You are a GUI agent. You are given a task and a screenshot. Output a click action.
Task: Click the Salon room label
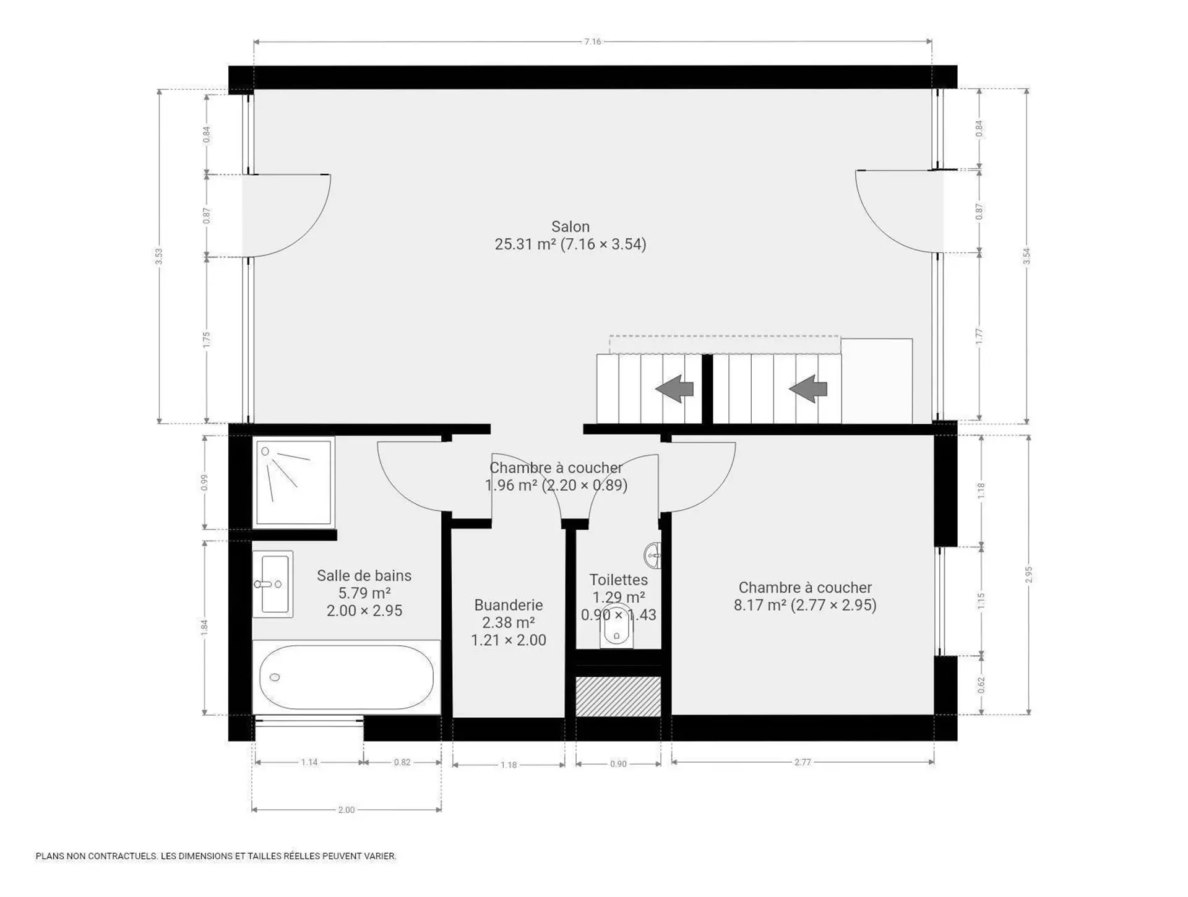[570, 226]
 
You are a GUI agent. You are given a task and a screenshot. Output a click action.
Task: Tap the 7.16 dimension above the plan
[593, 41]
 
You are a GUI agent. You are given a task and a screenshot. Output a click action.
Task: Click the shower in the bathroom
[293, 481]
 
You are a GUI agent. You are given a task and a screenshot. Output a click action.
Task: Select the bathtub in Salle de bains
[346, 677]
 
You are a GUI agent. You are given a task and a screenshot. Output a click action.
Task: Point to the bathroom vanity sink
[272, 584]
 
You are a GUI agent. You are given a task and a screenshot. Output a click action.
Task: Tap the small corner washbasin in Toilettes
[653, 556]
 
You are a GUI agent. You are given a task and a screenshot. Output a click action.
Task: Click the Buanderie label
[509, 605]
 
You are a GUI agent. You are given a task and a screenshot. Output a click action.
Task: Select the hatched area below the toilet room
[618, 697]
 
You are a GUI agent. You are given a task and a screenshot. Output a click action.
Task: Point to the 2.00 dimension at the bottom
[346, 810]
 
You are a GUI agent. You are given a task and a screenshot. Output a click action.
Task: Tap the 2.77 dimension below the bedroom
[803, 762]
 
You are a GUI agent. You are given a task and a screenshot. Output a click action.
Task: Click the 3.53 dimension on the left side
[159, 256]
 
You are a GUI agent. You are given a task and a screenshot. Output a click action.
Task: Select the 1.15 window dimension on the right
[981, 601]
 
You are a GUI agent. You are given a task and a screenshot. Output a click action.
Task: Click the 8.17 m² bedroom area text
[760, 605]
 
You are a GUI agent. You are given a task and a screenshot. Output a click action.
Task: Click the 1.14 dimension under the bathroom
[309, 762]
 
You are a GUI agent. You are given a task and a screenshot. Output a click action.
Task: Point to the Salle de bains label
[364, 575]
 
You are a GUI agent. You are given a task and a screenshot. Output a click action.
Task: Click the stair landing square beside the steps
[877, 381]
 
